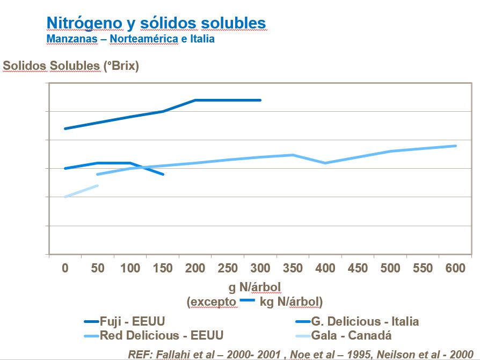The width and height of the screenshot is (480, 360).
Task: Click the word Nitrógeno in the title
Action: click(x=77, y=23)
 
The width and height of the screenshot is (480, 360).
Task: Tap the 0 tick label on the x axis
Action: click(x=65, y=268)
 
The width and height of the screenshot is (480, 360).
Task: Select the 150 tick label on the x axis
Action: click(x=163, y=268)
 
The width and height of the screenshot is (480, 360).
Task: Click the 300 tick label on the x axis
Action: click(x=260, y=268)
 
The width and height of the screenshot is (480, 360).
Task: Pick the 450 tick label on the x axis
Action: click(x=358, y=268)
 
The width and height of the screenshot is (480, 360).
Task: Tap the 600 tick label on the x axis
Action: click(x=455, y=268)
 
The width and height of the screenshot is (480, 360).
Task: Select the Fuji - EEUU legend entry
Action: click(x=132, y=321)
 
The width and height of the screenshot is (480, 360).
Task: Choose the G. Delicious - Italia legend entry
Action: click(x=365, y=321)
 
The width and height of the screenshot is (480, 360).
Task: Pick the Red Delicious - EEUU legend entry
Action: click(x=161, y=335)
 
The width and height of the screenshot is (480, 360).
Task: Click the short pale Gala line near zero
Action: click(x=81, y=191)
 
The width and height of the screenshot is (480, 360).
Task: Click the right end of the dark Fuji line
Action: click(x=260, y=100)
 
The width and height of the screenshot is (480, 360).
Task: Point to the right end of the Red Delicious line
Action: click(x=455, y=146)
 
